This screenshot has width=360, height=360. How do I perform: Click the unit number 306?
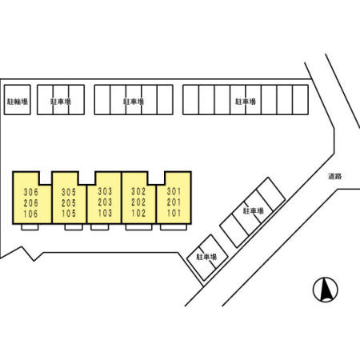point(31,192)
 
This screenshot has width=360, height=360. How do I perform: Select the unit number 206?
point(31,203)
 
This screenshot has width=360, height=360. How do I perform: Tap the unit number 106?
point(31,214)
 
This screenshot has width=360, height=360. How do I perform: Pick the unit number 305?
point(69,192)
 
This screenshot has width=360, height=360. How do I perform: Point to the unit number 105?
point(69,214)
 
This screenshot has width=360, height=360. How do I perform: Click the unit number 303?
point(105,191)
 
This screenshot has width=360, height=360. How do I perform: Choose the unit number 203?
point(105,202)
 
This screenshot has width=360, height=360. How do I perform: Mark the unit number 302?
point(138,191)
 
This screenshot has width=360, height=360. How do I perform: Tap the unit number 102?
point(138,214)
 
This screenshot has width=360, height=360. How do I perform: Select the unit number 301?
point(174,191)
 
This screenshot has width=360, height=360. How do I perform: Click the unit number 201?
point(174,202)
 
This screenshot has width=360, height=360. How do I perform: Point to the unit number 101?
point(174,214)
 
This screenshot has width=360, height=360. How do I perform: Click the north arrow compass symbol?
point(326,290)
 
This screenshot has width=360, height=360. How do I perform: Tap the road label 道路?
point(335,176)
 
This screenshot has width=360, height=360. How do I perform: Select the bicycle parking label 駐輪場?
point(18,102)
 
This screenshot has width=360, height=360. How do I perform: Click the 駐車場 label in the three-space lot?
point(61,102)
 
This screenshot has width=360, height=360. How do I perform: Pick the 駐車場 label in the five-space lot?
point(134,102)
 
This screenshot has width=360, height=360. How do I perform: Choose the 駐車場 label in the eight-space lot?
point(246,102)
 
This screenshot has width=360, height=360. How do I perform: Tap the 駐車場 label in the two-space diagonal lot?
point(206,257)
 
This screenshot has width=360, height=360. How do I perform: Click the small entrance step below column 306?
point(30,227)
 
